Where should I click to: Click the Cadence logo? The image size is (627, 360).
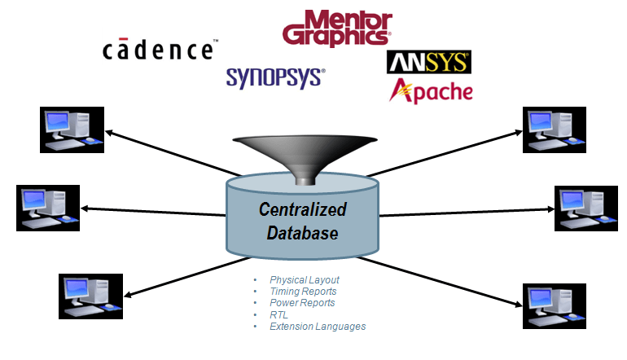159,50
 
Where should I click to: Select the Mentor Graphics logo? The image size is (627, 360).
335,29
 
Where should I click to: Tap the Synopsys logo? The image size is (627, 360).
275,77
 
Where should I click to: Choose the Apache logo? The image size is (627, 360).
431,90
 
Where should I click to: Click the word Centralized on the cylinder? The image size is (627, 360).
302,209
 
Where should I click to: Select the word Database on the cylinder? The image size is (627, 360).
302,234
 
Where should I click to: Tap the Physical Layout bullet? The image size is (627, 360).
304,280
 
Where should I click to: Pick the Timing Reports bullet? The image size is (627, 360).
303,292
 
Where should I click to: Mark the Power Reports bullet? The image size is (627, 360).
302,303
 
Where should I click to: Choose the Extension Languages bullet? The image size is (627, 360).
318,326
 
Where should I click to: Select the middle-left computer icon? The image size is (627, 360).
49,208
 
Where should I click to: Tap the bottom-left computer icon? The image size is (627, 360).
90,295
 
